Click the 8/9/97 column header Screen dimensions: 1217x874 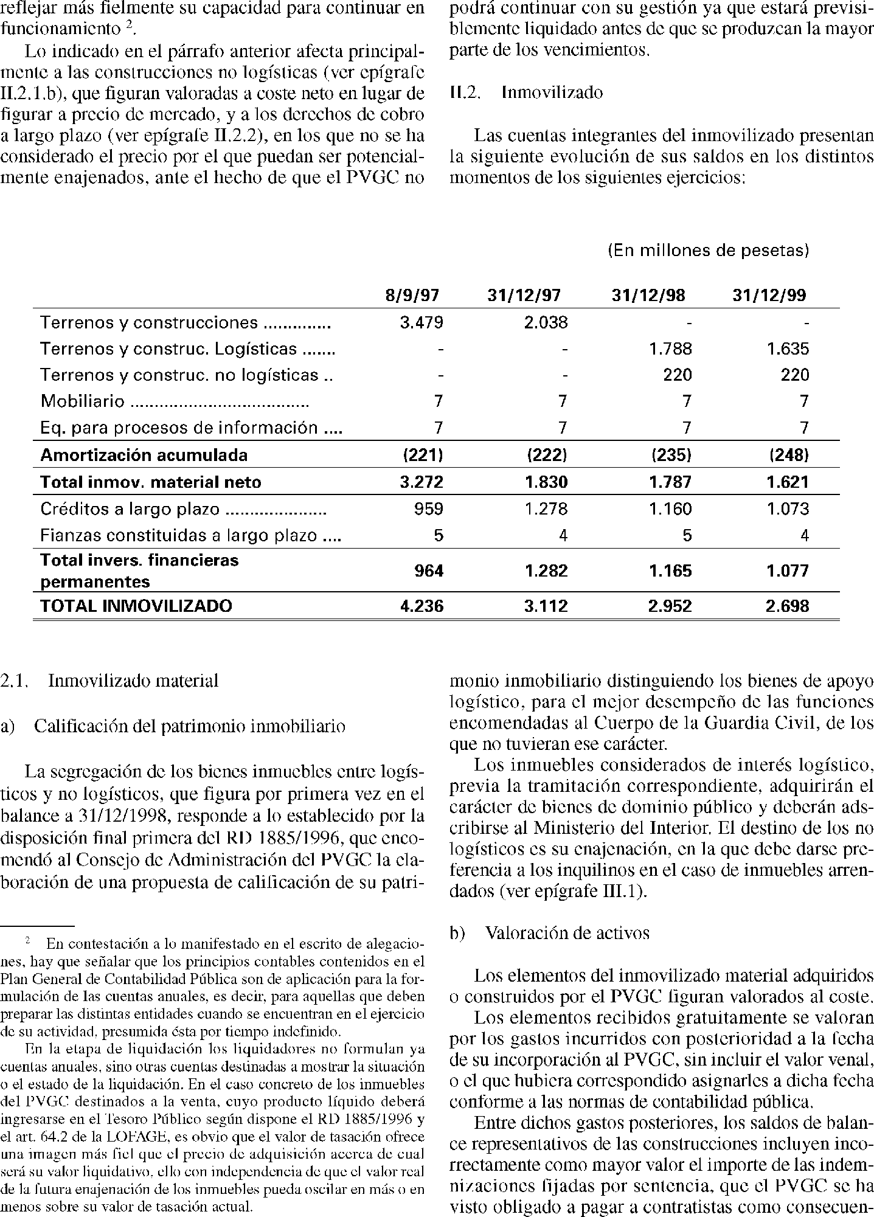coord(412,296)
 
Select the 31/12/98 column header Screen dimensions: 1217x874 coord(648,296)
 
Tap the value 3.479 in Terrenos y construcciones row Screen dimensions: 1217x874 coord(421,322)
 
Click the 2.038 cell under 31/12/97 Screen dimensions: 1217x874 coord(546,322)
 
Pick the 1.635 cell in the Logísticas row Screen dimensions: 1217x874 coord(788,349)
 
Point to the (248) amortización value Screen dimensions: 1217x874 coord(789,455)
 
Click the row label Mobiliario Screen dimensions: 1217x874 coord(82,401)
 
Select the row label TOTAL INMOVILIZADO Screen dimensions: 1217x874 coord(136,606)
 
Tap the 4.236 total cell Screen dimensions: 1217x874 coord(421,606)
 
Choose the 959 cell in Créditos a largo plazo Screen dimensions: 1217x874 coord(428,508)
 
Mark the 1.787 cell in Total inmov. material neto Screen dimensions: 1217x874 coord(670,482)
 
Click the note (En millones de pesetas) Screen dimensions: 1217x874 coord(709,251)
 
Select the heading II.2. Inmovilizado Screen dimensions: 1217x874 coord(526,92)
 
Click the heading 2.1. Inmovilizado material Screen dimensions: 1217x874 coord(109,681)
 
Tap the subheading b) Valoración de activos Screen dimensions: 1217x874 coord(549,933)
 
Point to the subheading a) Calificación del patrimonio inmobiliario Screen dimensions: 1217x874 coord(173,726)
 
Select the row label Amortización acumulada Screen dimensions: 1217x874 coord(144,455)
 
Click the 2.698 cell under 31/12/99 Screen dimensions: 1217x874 coord(788,606)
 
